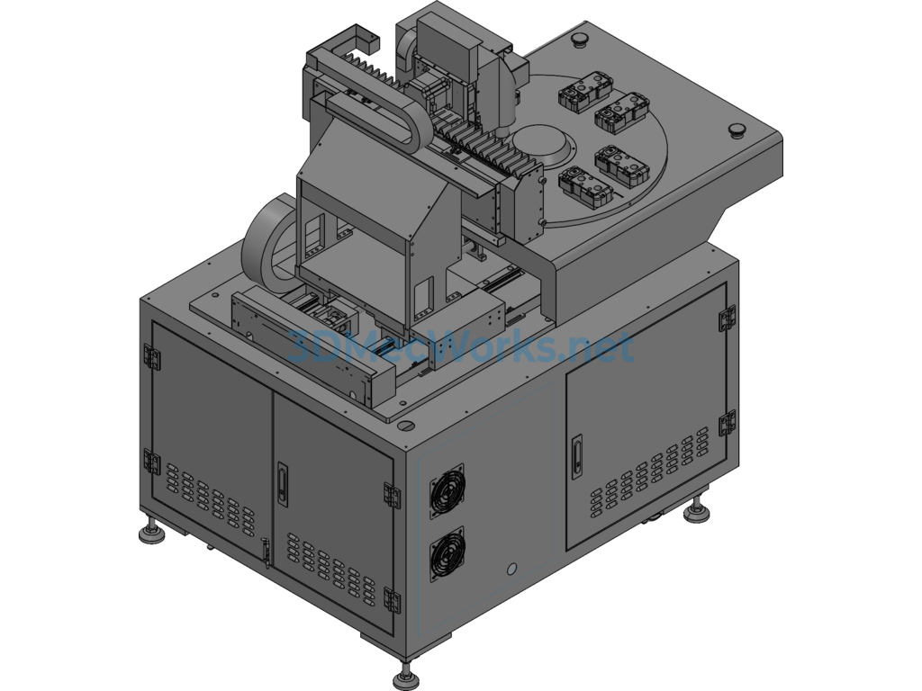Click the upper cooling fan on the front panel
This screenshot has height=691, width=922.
pyautogui.click(x=447, y=490)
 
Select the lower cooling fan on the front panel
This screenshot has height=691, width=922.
pyautogui.click(x=447, y=554)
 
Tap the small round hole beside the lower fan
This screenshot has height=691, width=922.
pyautogui.click(x=511, y=569)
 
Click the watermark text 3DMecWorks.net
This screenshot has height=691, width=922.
pyautogui.click(x=462, y=346)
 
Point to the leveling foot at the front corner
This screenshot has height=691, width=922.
pyautogui.click(x=404, y=678)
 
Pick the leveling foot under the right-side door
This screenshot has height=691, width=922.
pyautogui.click(x=697, y=510)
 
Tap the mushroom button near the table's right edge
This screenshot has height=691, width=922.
pyautogui.click(x=737, y=130)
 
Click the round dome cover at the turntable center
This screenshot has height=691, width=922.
pyautogui.click(x=541, y=145)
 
